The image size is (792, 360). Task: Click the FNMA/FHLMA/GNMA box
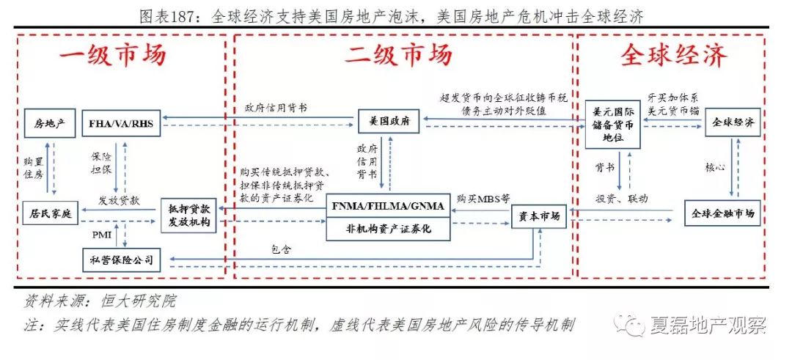point(388,206)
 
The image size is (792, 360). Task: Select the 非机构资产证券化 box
point(388,229)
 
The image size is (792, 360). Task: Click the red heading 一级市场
point(113,56)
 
